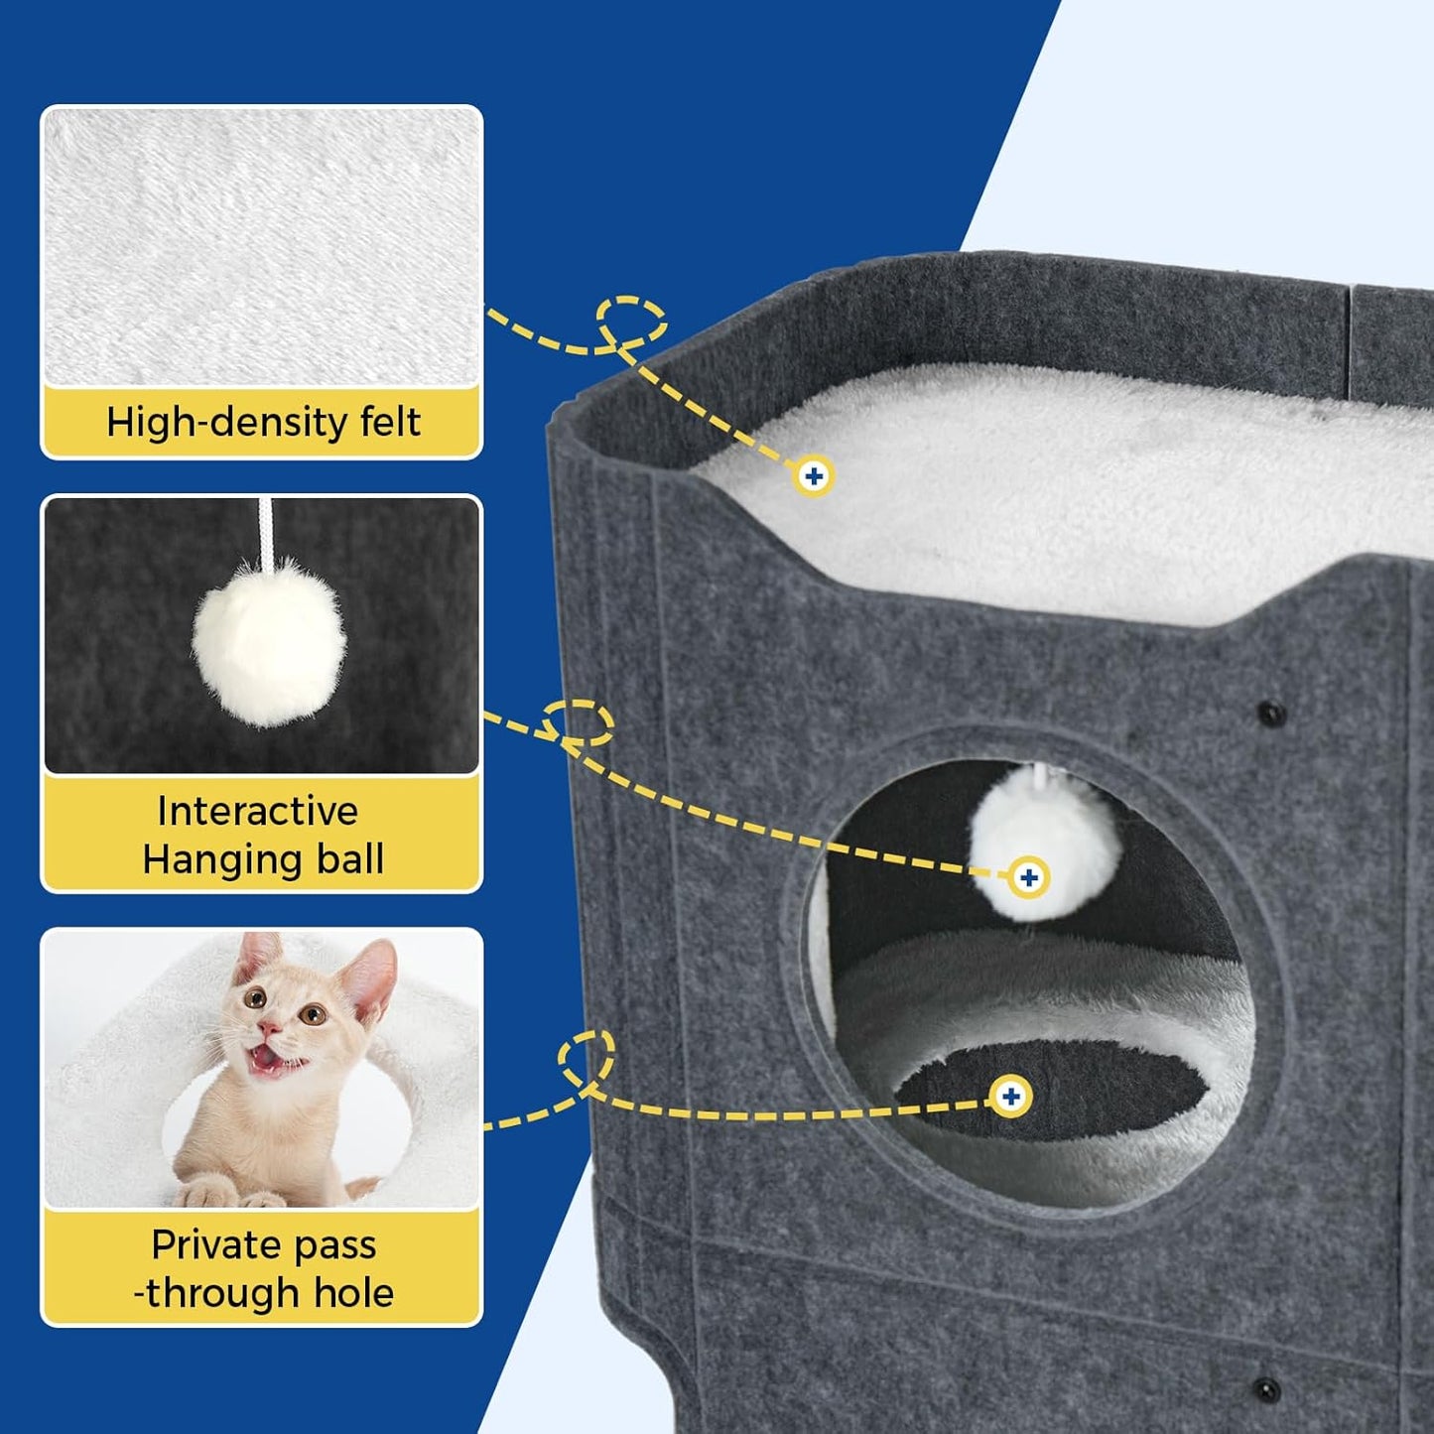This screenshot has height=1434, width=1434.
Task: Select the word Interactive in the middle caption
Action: [x=257, y=812]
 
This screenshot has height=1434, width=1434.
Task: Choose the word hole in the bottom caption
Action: [x=353, y=1293]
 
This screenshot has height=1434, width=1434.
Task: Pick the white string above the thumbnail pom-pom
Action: [x=265, y=531]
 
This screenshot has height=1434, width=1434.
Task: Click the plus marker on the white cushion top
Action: [x=814, y=476]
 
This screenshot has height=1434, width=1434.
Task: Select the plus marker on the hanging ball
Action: [x=1028, y=877]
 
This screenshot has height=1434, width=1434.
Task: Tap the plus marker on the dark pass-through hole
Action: [x=1010, y=1097]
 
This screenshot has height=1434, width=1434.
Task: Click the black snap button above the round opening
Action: [x=1270, y=713]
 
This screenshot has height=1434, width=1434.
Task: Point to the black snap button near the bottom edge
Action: [x=1264, y=1386]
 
